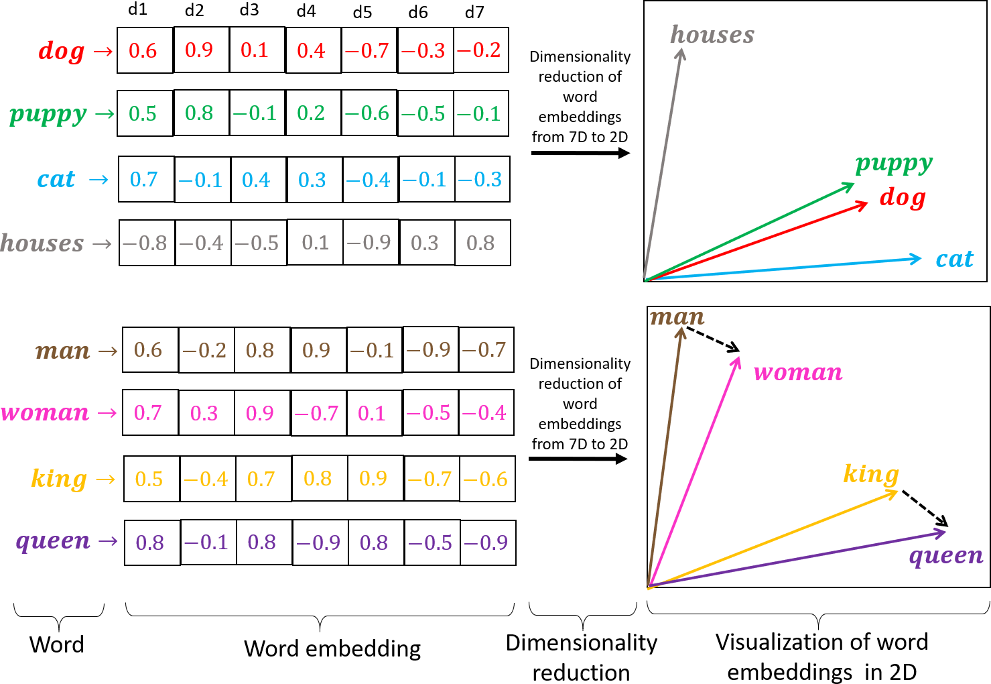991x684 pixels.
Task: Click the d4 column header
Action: tap(306, 11)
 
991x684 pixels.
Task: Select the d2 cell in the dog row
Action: tap(200, 50)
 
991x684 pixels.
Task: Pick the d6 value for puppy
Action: tap(425, 113)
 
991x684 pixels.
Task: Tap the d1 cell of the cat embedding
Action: tap(145, 179)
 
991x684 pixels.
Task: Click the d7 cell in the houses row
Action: tap(482, 243)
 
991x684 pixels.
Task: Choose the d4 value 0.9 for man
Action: tap(318, 349)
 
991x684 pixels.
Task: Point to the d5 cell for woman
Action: tap(374, 413)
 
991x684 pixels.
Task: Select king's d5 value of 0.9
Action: tap(375, 478)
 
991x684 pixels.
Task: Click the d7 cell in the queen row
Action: tap(487, 543)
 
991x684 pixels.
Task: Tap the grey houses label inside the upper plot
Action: tap(712, 35)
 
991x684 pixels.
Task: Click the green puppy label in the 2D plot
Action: tap(894, 164)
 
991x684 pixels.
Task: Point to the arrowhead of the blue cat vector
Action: tap(915, 259)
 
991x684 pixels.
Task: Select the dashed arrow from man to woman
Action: tap(712, 339)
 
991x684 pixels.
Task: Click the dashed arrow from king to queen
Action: tap(925, 508)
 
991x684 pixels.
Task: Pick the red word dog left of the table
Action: tap(62, 51)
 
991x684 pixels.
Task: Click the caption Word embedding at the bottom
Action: tap(332, 648)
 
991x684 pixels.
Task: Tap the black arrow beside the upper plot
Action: tap(580, 153)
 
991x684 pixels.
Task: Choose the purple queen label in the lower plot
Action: tap(945, 556)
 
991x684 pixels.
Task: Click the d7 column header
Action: tap(474, 12)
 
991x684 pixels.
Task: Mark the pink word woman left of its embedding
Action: tap(45, 412)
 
